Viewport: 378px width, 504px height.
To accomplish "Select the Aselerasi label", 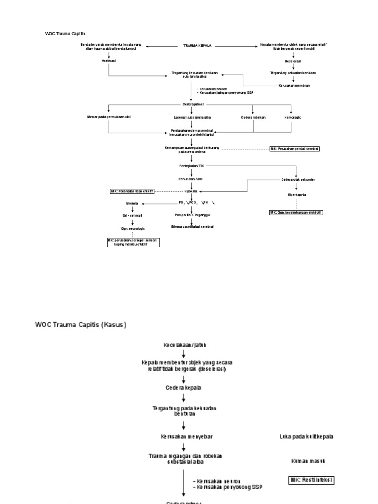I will pyautogui.click(x=108, y=61).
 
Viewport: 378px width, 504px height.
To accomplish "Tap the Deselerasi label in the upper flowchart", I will pyautogui.click(x=293, y=61).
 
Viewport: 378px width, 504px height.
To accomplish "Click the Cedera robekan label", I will pyautogui.click(x=253, y=117).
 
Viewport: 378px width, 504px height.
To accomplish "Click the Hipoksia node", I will pyautogui.click(x=190, y=191).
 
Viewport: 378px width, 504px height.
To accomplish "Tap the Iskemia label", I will pyautogui.click(x=132, y=203).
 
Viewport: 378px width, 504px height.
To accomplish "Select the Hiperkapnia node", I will pyautogui.click(x=297, y=195).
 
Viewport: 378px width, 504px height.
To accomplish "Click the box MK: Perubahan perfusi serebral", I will pyautogui.click(x=294, y=148).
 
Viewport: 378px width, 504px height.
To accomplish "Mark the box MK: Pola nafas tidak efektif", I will pyautogui.click(x=131, y=191).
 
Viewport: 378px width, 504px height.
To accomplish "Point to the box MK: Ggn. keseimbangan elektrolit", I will pyautogui.click(x=296, y=213).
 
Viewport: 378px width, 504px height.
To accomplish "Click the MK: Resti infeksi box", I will pyautogui.click(x=311, y=479).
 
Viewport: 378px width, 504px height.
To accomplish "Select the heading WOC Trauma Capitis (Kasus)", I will pyautogui.click(x=81, y=325).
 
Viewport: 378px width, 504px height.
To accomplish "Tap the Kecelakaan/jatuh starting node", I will pyautogui.click(x=183, y=345).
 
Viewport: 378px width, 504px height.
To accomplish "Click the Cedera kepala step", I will pyautogui.click(x=183, y=387).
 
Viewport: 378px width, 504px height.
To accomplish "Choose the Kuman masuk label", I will pyautogui.click(x=308, y=461).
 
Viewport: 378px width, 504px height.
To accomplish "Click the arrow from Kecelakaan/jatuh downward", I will pyautogui.click(x=183, y=354).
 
